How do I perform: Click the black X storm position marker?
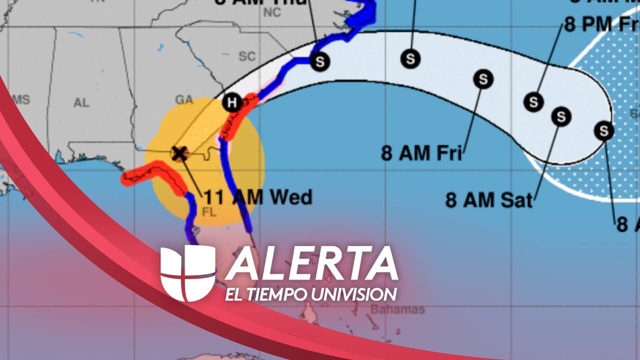click(x=179, y=153)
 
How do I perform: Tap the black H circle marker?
click(x=231, y=102)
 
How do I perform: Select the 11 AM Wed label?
click(x=257, y=197)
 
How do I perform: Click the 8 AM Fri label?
click(x=421, y=152)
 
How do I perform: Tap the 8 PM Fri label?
click(x=602, y=24)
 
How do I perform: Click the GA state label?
click(x=184, y=99)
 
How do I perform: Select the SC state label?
click(x=247, y=56)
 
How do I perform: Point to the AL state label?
click(x=81, y=103)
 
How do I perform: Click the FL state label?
click(x=208, y=212)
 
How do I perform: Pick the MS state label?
click(x=21, y=99)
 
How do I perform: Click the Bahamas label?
click(x=397, y=309)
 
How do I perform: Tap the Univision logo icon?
click(x=187, y=273)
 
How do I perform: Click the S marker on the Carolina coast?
click(x=320, y=61)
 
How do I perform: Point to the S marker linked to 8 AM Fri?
click(x=483, y=79)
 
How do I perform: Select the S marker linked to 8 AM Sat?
click(x=561, y=116)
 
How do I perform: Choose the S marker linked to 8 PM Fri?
click(x=533, y=102)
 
